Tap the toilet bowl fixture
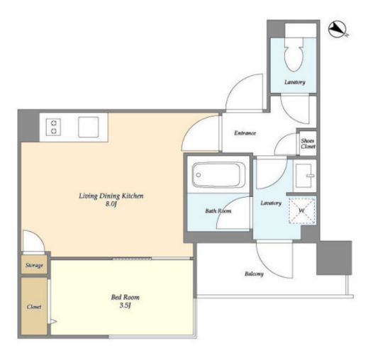[294, 55]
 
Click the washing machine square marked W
[302, 210]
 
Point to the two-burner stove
[53, 128]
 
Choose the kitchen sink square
[89, 127]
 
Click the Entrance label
[245, 133]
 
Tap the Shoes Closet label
[308, 144]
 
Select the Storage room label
[34, 265]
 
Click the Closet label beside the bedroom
[34, 307]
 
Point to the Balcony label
[254, 274]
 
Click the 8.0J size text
[111, 204]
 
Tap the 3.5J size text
[125, 305]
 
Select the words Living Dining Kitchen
[111, 196]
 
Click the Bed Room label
[126, 297]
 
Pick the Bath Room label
[218, 211]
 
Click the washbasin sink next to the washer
[305, 176]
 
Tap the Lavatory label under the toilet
[295, 82]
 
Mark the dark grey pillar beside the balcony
[334, 258]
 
